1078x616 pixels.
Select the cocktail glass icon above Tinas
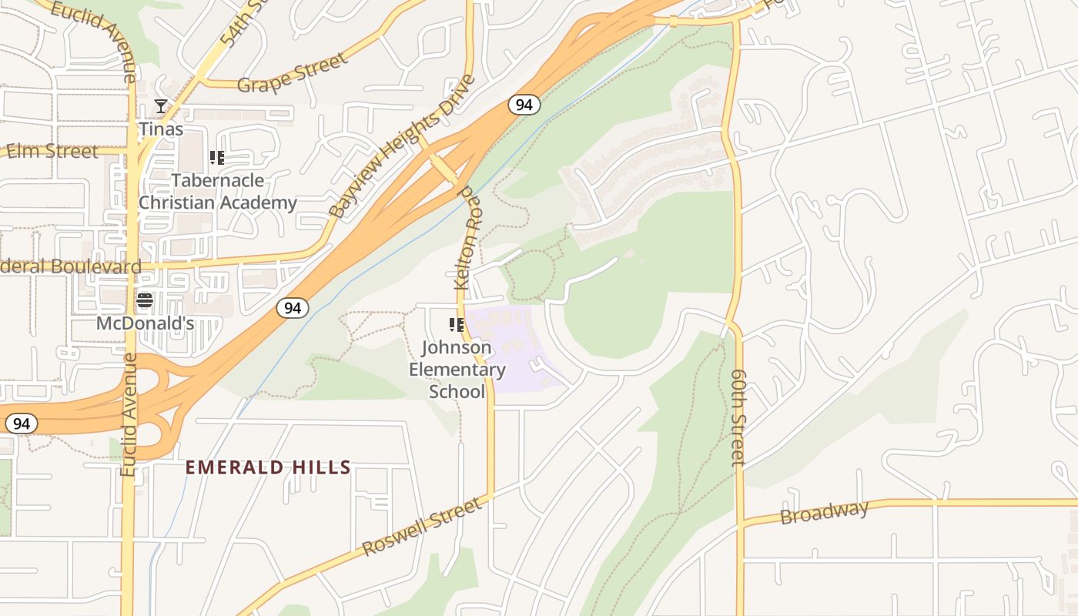161,106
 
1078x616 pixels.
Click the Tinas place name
161,129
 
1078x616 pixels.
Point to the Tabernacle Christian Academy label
217,192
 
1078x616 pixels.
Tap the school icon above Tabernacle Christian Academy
217,159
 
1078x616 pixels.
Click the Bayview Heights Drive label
401,147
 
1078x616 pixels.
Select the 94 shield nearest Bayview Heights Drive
524,105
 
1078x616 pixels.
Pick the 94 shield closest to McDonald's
293,308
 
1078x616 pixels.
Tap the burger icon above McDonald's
145,300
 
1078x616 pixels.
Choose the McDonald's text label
145,323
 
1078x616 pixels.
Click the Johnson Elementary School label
457,370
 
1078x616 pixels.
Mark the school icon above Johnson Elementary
457,326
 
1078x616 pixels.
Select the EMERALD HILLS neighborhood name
268,467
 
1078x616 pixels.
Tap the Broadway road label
824,512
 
